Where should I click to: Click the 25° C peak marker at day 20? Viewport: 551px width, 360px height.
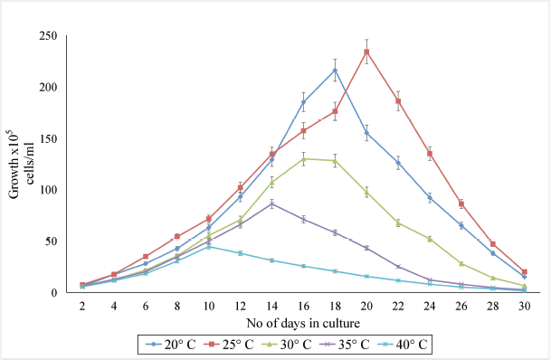click(366, 52)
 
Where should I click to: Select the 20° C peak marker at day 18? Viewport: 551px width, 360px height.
click(335, 71)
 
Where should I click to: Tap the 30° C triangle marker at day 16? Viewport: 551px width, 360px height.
click(304, 159)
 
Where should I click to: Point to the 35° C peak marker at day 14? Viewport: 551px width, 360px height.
click(272, 204)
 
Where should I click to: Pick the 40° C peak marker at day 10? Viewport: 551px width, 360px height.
click(209, 247)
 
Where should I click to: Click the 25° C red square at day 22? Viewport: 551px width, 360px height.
click(398, 101)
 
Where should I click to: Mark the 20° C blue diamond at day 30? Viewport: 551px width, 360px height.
click(524, 277)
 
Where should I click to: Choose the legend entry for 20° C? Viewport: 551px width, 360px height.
click(170, 345)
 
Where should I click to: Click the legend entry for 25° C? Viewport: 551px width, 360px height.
click(228, 345)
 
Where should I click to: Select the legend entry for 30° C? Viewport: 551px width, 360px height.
click(287, 345)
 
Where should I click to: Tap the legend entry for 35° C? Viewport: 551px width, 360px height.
click(345, 345)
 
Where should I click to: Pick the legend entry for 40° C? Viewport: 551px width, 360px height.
click(403, 345)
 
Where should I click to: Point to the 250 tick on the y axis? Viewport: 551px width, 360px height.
click(48, 36)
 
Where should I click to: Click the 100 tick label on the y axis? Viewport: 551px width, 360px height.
click(48, 190)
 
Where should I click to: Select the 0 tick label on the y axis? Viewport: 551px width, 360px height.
click(54, 292)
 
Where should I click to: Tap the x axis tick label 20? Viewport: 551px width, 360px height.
click(366, 307)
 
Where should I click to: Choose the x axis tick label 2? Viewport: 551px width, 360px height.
click(82, 307)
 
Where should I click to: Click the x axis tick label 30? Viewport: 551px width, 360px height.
click(524, 307)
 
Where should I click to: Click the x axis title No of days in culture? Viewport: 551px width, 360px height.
click(303, 323)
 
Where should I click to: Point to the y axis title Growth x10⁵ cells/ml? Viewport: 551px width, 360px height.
click(20, 165)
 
